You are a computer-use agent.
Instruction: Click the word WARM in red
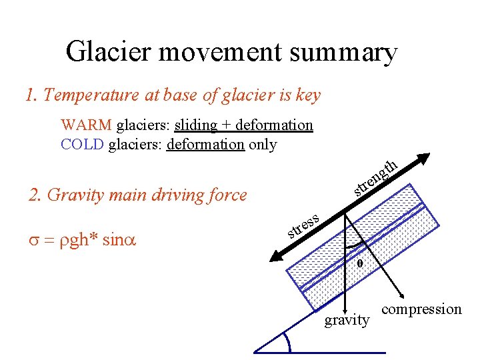coord(86,125)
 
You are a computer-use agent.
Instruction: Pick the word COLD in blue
coord(82,144)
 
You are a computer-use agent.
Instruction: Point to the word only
coord(263,144)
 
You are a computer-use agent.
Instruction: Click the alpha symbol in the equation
coord(127,241)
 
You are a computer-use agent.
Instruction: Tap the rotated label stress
coord(305,225)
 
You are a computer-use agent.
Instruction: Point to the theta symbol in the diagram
coord(359,263)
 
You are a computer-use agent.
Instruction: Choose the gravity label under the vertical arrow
coord(346,321)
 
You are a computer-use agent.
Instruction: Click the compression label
coord(421,309)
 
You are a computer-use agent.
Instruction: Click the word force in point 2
coord(224,195)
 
